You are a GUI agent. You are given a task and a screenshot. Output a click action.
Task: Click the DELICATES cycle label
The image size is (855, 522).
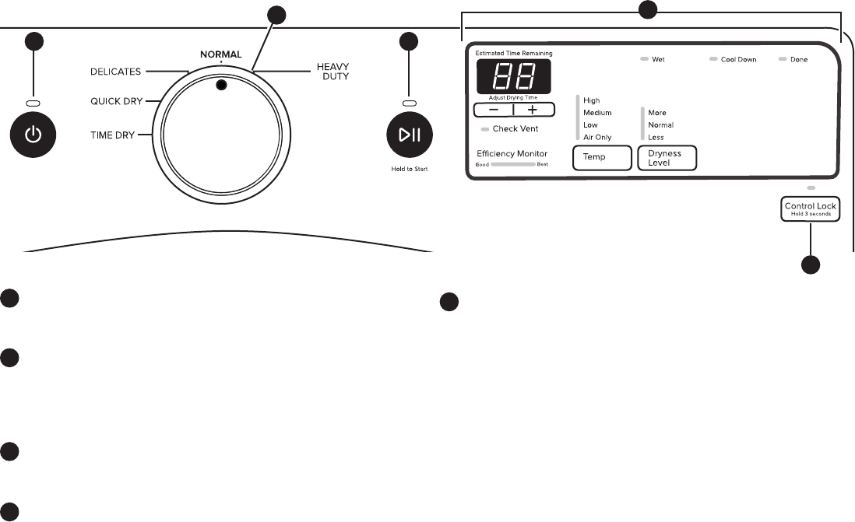click(114, 72)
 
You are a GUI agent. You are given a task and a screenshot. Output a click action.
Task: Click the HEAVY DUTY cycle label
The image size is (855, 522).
click(332, 72)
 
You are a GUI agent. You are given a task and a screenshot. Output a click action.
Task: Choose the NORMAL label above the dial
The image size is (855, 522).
click(220, 54)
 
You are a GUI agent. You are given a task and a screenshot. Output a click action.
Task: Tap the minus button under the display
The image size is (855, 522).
click(494, 110)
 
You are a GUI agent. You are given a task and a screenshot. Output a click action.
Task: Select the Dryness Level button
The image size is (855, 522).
click(667, 158)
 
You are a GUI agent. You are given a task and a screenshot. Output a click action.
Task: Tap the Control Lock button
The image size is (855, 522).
click(810, 209)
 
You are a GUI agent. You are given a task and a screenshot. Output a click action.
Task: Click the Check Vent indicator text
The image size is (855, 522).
click(515, 128)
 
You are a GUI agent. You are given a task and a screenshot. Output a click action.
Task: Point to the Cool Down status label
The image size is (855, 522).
click(738, 60)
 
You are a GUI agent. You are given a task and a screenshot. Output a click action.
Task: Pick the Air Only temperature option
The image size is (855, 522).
click(597, 137)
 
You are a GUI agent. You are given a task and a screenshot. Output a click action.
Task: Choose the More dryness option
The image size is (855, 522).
click(657, 113)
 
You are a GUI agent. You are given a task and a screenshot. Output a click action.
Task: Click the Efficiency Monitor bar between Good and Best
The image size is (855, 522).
click(512, 165)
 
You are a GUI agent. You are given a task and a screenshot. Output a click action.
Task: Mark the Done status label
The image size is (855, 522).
click(799, 60)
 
